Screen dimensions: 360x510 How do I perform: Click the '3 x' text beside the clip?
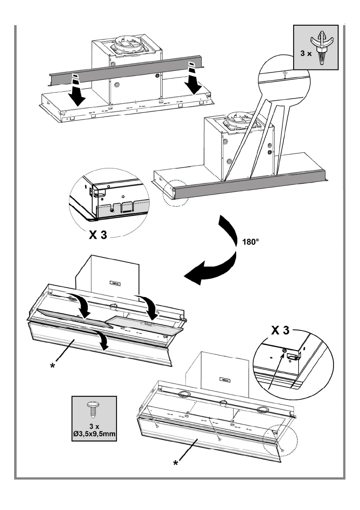(306, 53)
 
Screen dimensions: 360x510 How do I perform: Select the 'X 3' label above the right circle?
(280, 330)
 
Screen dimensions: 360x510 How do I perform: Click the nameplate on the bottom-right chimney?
(225, 380)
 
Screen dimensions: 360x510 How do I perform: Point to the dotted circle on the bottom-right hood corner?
(280, 440)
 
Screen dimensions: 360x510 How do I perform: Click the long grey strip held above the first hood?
(126, 71)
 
